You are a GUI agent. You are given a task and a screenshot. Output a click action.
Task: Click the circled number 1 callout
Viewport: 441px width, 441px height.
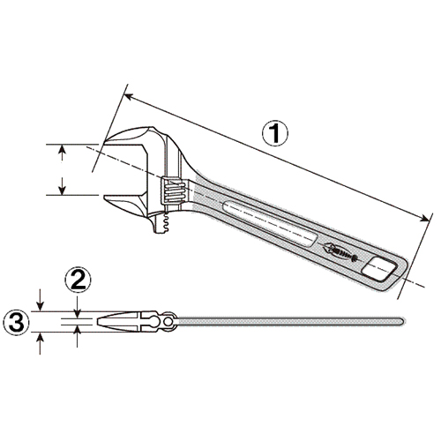click(x=275, y=134)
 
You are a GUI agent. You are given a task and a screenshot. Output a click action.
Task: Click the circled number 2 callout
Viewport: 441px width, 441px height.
click(x=78, y=280)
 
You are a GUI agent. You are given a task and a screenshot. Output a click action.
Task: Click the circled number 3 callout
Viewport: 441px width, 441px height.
click(x=17, y=322)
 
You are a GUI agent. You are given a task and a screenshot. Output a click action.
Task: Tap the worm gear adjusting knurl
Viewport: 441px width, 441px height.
click(x=174, y=191)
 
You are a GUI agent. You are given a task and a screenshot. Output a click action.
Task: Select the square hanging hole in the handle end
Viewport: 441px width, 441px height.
click(x=379, y=269)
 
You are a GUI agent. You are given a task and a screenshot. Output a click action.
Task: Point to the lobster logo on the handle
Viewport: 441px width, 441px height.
click(x=340, y=250)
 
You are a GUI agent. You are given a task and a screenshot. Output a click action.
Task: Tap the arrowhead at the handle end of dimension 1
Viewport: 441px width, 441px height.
click(x=423, y=218)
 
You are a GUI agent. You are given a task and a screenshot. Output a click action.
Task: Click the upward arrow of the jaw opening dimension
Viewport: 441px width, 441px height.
click(x=62, y=153)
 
